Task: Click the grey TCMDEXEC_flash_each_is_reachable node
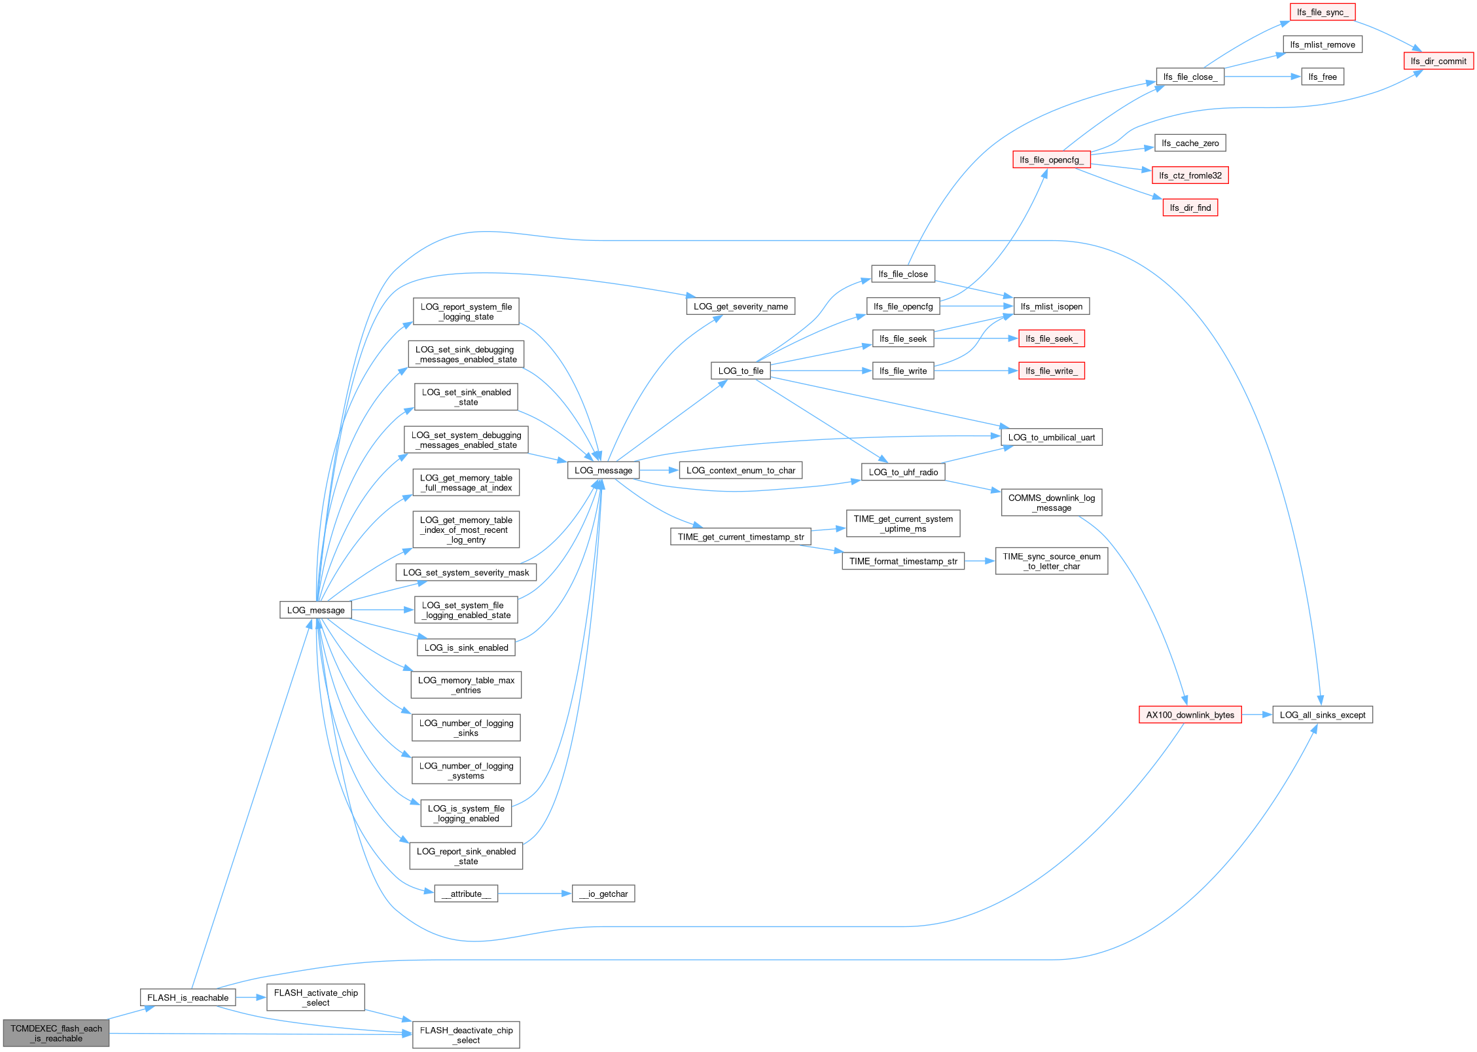56,1033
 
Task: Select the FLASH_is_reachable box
188,998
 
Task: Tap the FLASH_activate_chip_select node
315,998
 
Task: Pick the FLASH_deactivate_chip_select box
466,1035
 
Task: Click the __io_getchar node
603,894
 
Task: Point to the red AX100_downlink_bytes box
1190,715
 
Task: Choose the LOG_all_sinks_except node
1323,715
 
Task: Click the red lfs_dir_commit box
1438,61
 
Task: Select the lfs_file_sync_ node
1323,12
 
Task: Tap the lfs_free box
1323,77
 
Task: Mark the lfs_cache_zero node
1190,143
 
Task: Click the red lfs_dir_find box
1190,208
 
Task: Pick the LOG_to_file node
741,371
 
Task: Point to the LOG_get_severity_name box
741,306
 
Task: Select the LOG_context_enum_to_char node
741,470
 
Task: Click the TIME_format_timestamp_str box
903,561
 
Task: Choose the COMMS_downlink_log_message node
1052,502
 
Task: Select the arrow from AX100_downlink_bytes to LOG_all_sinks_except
1257,715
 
